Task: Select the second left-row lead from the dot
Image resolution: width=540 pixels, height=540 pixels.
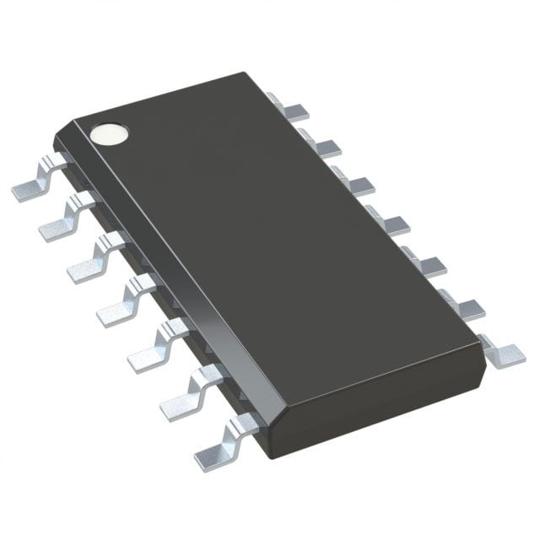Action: [59, 221]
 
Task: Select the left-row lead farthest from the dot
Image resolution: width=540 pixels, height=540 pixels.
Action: [216, 451]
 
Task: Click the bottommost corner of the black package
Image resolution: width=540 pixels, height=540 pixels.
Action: [268, 456]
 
